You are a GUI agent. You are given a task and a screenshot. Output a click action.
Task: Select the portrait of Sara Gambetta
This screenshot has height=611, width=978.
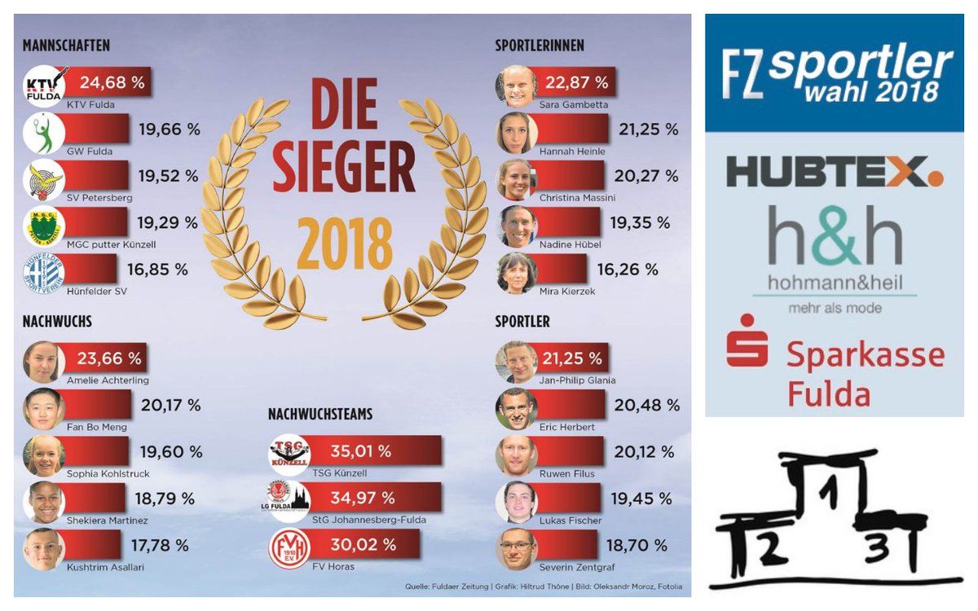pyautogui.click(x=516, y=86)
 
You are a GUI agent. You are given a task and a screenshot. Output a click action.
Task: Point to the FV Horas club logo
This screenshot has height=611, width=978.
pyautogui.click(x=289, y=548)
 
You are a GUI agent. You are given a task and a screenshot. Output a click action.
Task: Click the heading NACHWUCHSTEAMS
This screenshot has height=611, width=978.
pyautogui.click(x=319, y=415)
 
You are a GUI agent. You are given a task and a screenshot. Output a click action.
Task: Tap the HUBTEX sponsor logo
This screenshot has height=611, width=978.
pyautogui.click(x=834, y=172)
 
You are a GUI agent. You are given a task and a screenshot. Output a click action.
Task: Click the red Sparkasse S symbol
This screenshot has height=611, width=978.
pyautogui.click(x=747, y=341)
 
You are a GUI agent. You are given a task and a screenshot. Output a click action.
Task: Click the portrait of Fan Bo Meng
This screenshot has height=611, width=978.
pyautogui.click(x=43, y=409)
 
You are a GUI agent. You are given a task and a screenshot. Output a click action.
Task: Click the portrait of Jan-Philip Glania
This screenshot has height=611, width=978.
pyautogui.click(x=516, y=363)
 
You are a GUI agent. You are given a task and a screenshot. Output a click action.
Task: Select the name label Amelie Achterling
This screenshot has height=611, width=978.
pyautogui.click(x=108, y=380)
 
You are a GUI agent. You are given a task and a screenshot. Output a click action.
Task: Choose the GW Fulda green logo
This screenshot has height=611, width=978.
pyautogui.click(x=43, y=134)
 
